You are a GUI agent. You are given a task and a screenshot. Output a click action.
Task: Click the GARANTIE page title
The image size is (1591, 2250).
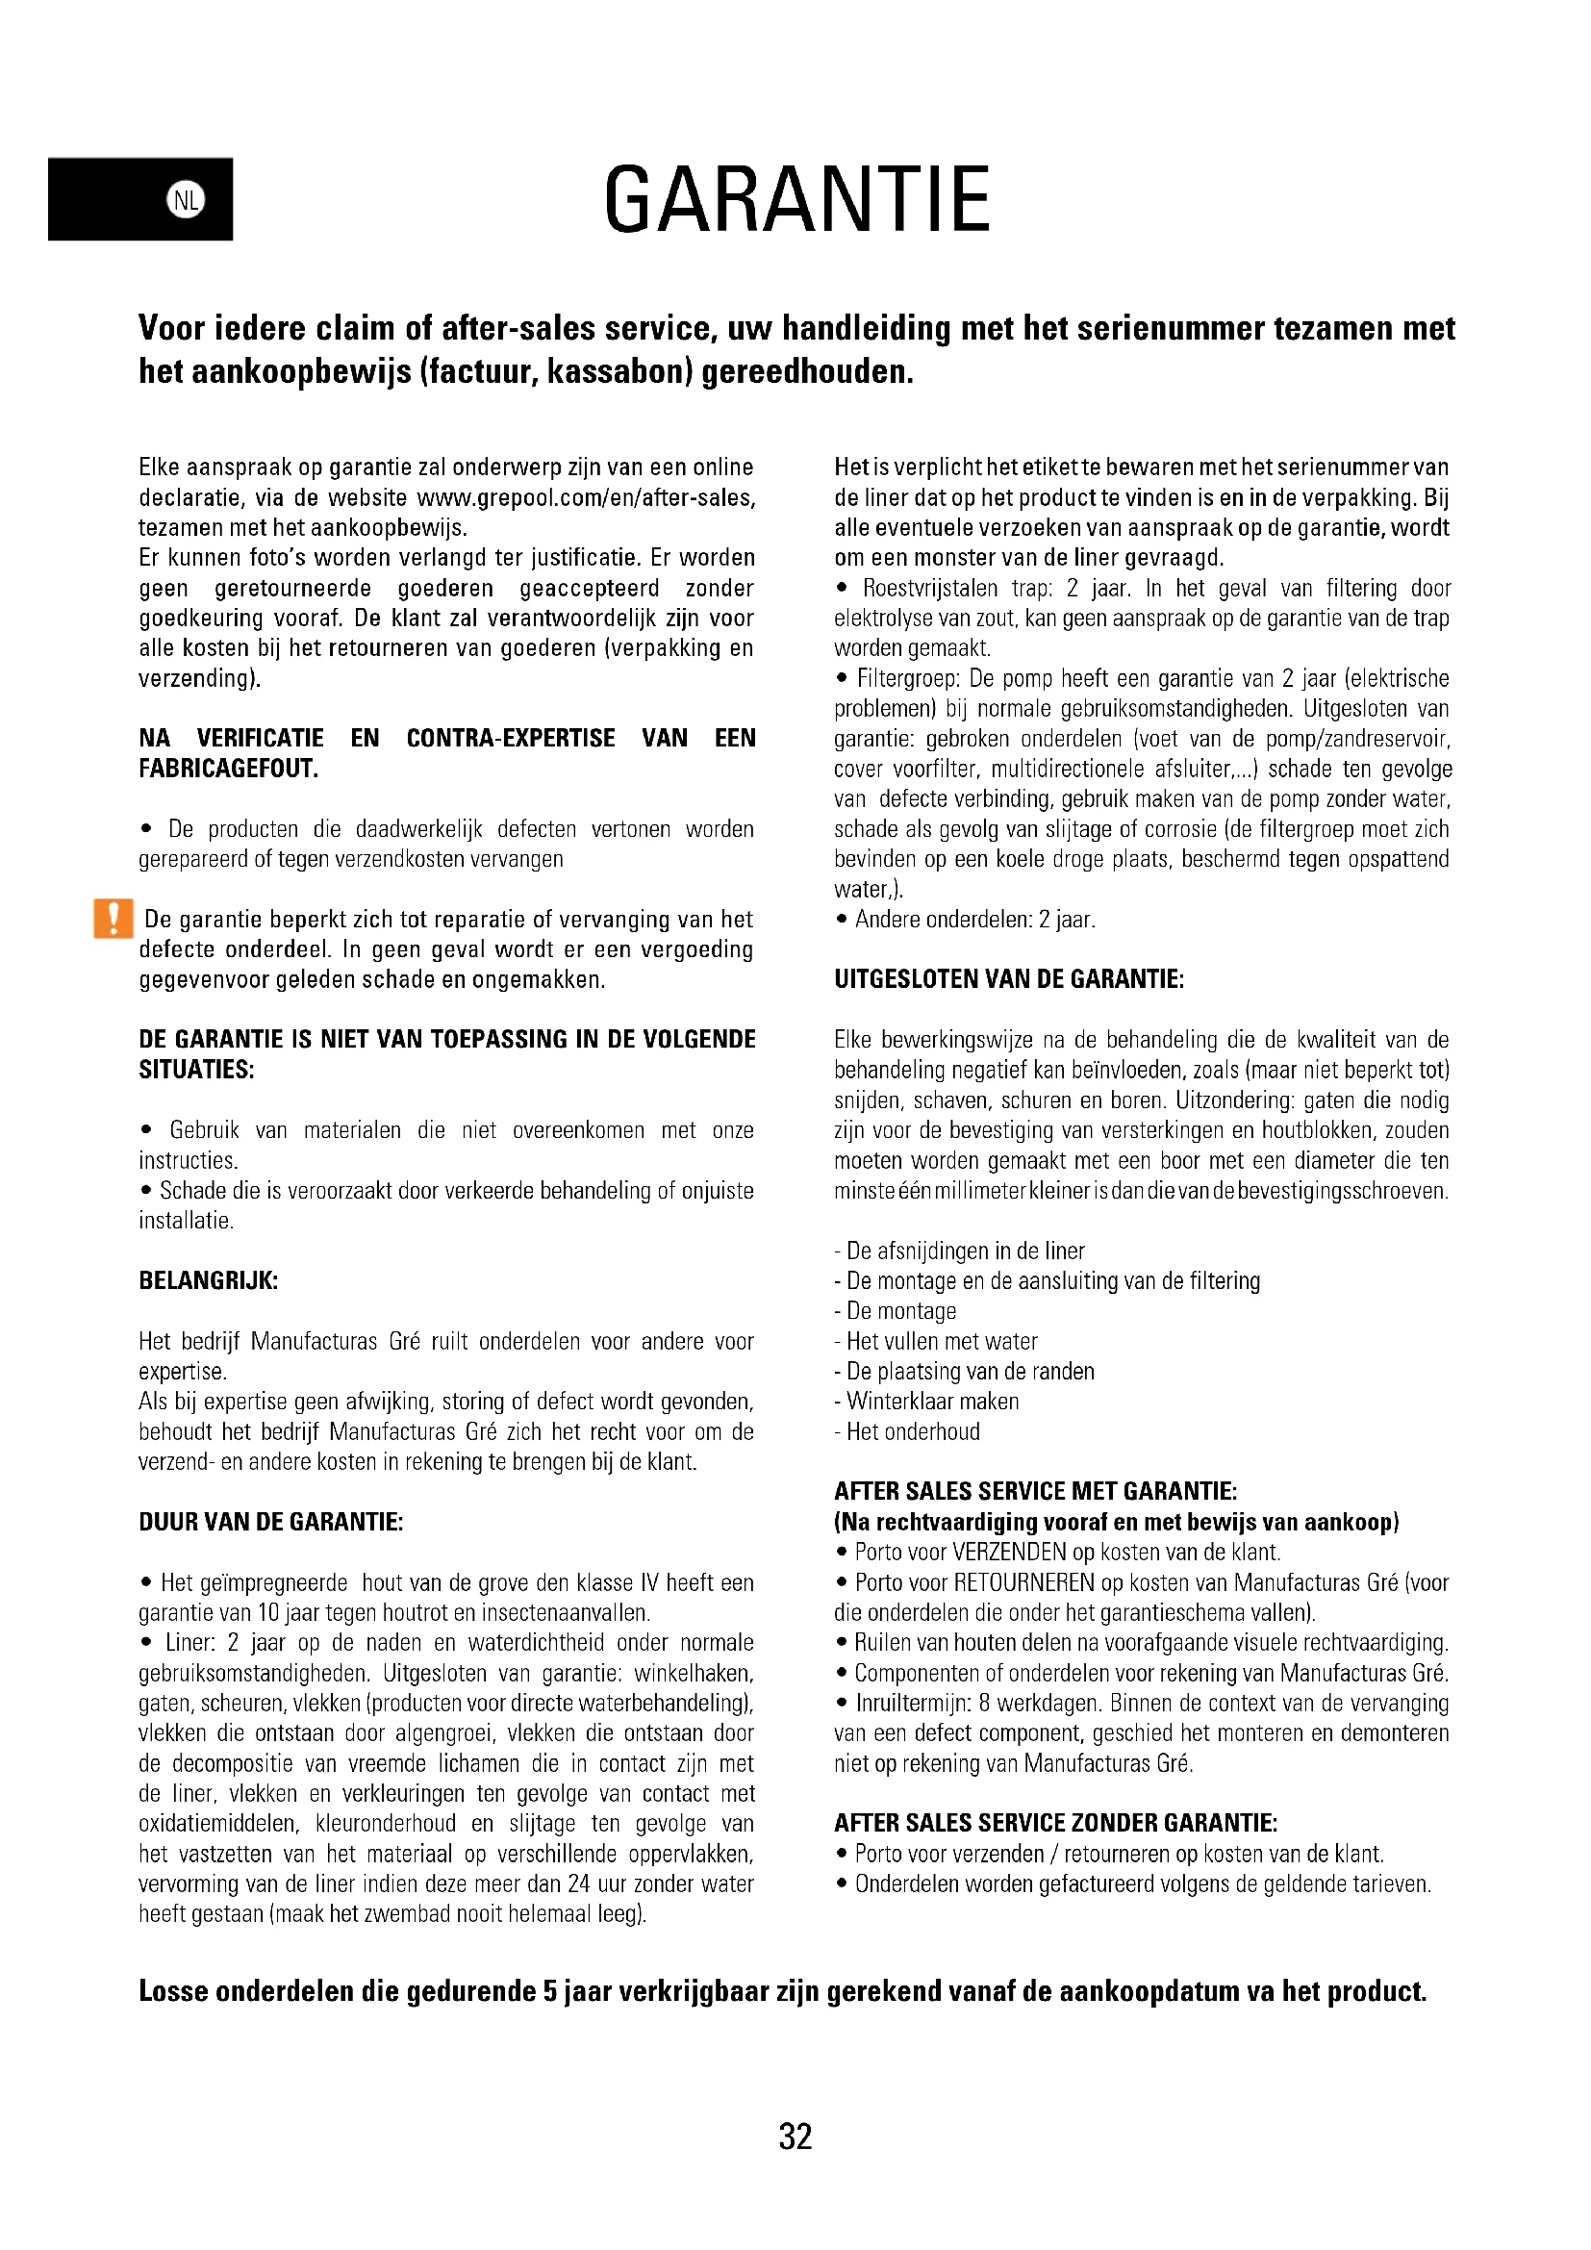[x=796, y=200]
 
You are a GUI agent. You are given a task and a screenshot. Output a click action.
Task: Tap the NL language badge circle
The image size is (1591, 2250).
[x=187, y=200]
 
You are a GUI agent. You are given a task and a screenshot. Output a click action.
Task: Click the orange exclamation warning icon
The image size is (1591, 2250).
[x=114, y=919]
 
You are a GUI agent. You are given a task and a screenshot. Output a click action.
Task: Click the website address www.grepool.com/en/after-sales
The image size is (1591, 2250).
[x=586, y=498]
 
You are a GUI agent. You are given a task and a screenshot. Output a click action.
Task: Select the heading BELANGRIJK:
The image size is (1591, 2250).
[x=209, y=1280]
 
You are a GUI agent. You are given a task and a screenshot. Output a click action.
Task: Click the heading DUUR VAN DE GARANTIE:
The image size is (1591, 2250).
[x=271, y=1522]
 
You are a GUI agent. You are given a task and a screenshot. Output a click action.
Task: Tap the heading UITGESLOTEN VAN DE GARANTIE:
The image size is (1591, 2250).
[x=1009, y=979]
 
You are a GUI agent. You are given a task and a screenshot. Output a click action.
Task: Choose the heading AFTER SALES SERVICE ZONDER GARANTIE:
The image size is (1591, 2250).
[x=1056, y=1823]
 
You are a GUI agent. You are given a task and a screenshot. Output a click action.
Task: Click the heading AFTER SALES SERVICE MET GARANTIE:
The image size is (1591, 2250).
[x=1036, y=1492]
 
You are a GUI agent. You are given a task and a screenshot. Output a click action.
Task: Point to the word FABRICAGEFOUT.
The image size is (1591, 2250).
[x=228, y=769]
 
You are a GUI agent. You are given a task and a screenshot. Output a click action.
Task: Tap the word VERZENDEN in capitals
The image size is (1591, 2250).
[x=1010, y=1553]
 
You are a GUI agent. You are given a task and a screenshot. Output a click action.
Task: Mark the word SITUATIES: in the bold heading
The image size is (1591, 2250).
[x=197, y=1069]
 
